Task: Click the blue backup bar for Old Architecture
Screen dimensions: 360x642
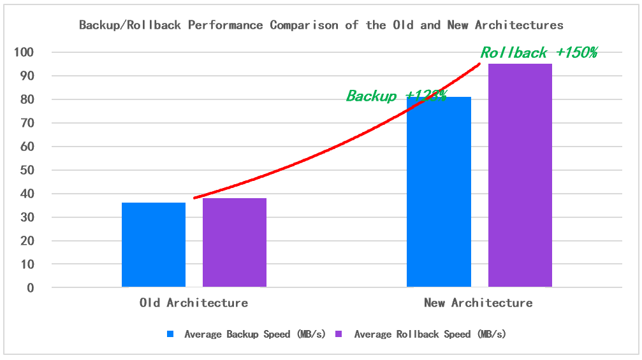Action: (x=154, y=245)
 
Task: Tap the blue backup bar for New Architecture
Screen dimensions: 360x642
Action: (x=439, y=191)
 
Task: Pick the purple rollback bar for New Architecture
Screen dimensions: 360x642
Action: (x=520, y=175)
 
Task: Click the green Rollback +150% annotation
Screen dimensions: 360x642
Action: (x=538, y=53)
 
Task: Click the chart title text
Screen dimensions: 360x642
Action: (x=321, y=25)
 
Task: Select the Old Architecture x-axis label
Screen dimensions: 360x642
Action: (x=194, y=303)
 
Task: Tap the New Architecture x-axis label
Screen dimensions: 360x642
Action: (x=478, y=303)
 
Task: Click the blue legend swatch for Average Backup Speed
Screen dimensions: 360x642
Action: (x=170, y=334)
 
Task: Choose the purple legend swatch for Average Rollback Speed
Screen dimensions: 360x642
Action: (x=339, y=334)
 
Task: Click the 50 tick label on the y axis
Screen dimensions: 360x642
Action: (x=28, y=170)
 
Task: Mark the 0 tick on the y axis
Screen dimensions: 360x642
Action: (x=31, y=288)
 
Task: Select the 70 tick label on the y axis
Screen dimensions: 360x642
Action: (x=28, y=123)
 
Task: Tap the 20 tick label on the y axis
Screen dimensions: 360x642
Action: (x=28, y=241)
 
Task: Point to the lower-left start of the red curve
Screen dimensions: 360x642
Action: (x=195, y=198)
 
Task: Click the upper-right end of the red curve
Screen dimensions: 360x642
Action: (x=479, y=64)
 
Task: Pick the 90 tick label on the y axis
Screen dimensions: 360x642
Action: (x=28, y=76)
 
